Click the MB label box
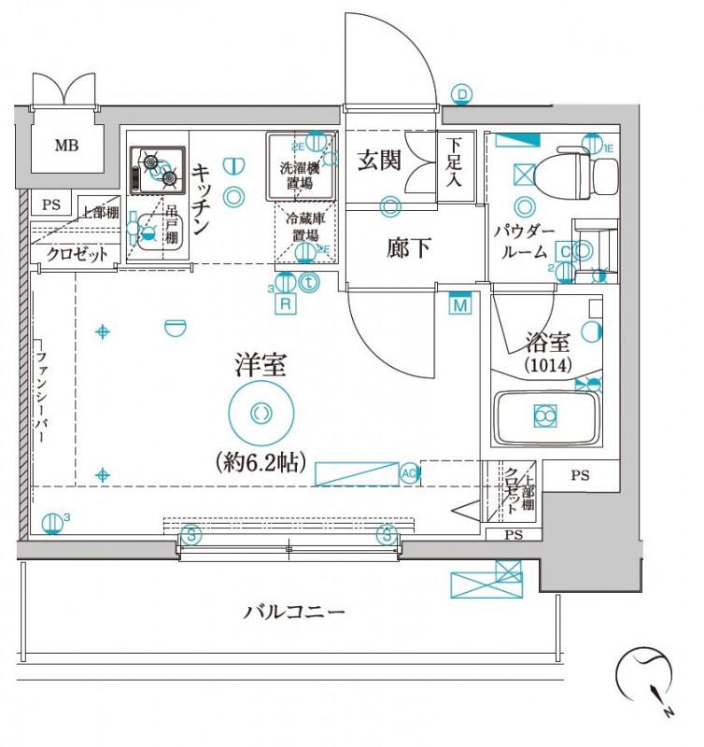[65, 145]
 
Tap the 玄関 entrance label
[380, 161]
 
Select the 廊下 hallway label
[408, 248]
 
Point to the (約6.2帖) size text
[260, 460]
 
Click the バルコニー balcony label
[295, 613]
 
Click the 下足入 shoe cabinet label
[453, 162]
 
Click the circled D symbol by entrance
[462, 93]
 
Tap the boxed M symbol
[458, 304]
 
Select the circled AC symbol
[408, 472]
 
